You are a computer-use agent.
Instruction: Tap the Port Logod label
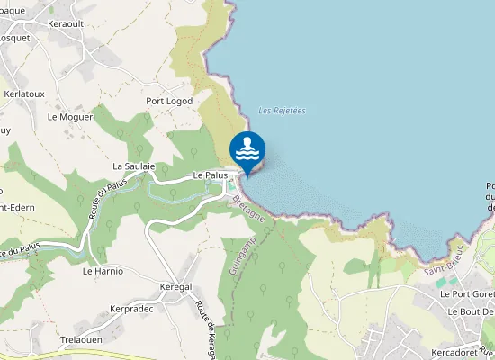170,102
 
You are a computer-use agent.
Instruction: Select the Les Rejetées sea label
282,111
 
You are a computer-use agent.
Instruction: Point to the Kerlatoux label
24,94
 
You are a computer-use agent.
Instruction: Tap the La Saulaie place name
134,166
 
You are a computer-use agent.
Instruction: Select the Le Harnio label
103,270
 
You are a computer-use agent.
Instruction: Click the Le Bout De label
470,311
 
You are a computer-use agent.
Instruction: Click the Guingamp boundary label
243,265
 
